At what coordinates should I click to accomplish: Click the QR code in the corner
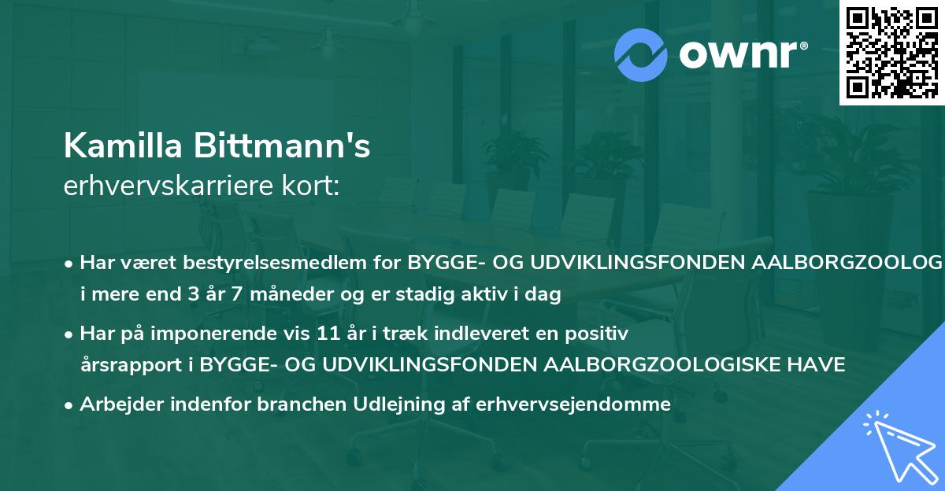coord(891,52)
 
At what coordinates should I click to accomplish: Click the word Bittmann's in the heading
coord(284,146)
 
